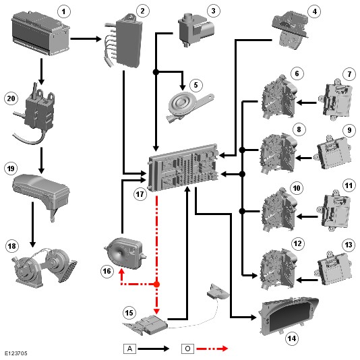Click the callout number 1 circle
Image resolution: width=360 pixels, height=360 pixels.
tap(63, 11)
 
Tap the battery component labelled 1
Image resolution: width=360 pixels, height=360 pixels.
tap(40, 33)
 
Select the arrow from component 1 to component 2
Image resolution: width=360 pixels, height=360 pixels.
tap(86, 39)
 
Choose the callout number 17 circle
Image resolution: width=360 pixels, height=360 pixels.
tap(140, 194)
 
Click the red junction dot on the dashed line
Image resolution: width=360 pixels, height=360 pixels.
tap(156, 284)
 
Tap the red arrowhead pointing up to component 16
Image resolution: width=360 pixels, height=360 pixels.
tap(121, 272)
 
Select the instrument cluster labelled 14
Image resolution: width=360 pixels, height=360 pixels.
tap(289, 316)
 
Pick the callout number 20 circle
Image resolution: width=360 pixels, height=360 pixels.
tap(11, 98)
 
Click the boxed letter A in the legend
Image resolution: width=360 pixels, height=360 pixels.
tap(129, 349)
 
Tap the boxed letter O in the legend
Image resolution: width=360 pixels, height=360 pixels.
tap(187, 349)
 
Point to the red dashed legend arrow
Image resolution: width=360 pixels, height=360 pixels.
tap(212, 349)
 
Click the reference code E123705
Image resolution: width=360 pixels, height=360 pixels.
tap(16, 353)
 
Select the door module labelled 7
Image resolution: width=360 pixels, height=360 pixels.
tap(336, 100)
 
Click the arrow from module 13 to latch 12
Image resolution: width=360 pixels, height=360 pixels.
tap(307, 280)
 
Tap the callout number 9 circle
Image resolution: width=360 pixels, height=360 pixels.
tap(349, 130)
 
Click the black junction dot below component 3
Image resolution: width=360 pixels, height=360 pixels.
tap(156, 72)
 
